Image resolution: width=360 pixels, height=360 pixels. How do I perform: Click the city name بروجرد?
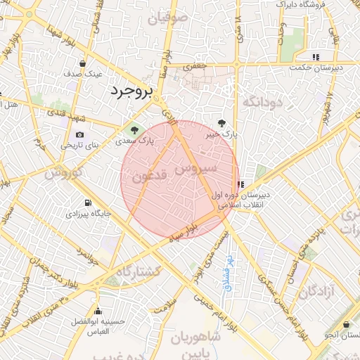click(132, 91)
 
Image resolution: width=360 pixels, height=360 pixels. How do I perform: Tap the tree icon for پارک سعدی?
click(132, 129)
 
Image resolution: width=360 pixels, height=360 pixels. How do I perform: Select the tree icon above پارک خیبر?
click(223, 122)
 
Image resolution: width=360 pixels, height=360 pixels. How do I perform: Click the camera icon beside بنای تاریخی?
click(79, 134)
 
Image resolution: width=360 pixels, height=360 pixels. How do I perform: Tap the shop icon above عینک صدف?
click(84, 63)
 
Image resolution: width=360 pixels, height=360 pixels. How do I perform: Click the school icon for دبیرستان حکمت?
click(316, 57)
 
